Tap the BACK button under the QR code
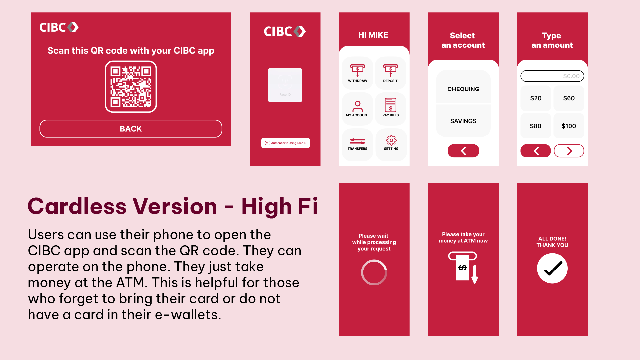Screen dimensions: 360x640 (131, 129)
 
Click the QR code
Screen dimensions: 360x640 (131, 87)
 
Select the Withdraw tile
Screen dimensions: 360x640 (357, 73)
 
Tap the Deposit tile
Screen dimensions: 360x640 (390, 73)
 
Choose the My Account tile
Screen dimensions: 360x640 (357, 109)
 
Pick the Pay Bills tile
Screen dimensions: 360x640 (390, 109)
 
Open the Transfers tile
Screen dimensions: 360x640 (357, 144)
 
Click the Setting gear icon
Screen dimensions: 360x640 (391, 141)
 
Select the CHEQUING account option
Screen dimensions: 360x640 (463, 89)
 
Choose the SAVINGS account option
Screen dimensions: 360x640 (463, 121)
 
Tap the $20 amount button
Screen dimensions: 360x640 (536, 98)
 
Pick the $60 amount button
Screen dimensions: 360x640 (569, 98)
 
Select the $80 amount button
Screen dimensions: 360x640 (536, 126)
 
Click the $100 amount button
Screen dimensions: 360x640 (569, 126)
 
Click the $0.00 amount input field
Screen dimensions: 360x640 (552, 76)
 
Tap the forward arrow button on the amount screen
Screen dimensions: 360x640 (569, 151)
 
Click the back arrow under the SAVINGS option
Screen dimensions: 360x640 (463, 151)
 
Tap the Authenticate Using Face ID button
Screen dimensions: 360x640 (285, 143)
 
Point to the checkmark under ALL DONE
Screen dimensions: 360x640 (552, 268)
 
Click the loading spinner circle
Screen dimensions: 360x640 (374, 273)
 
